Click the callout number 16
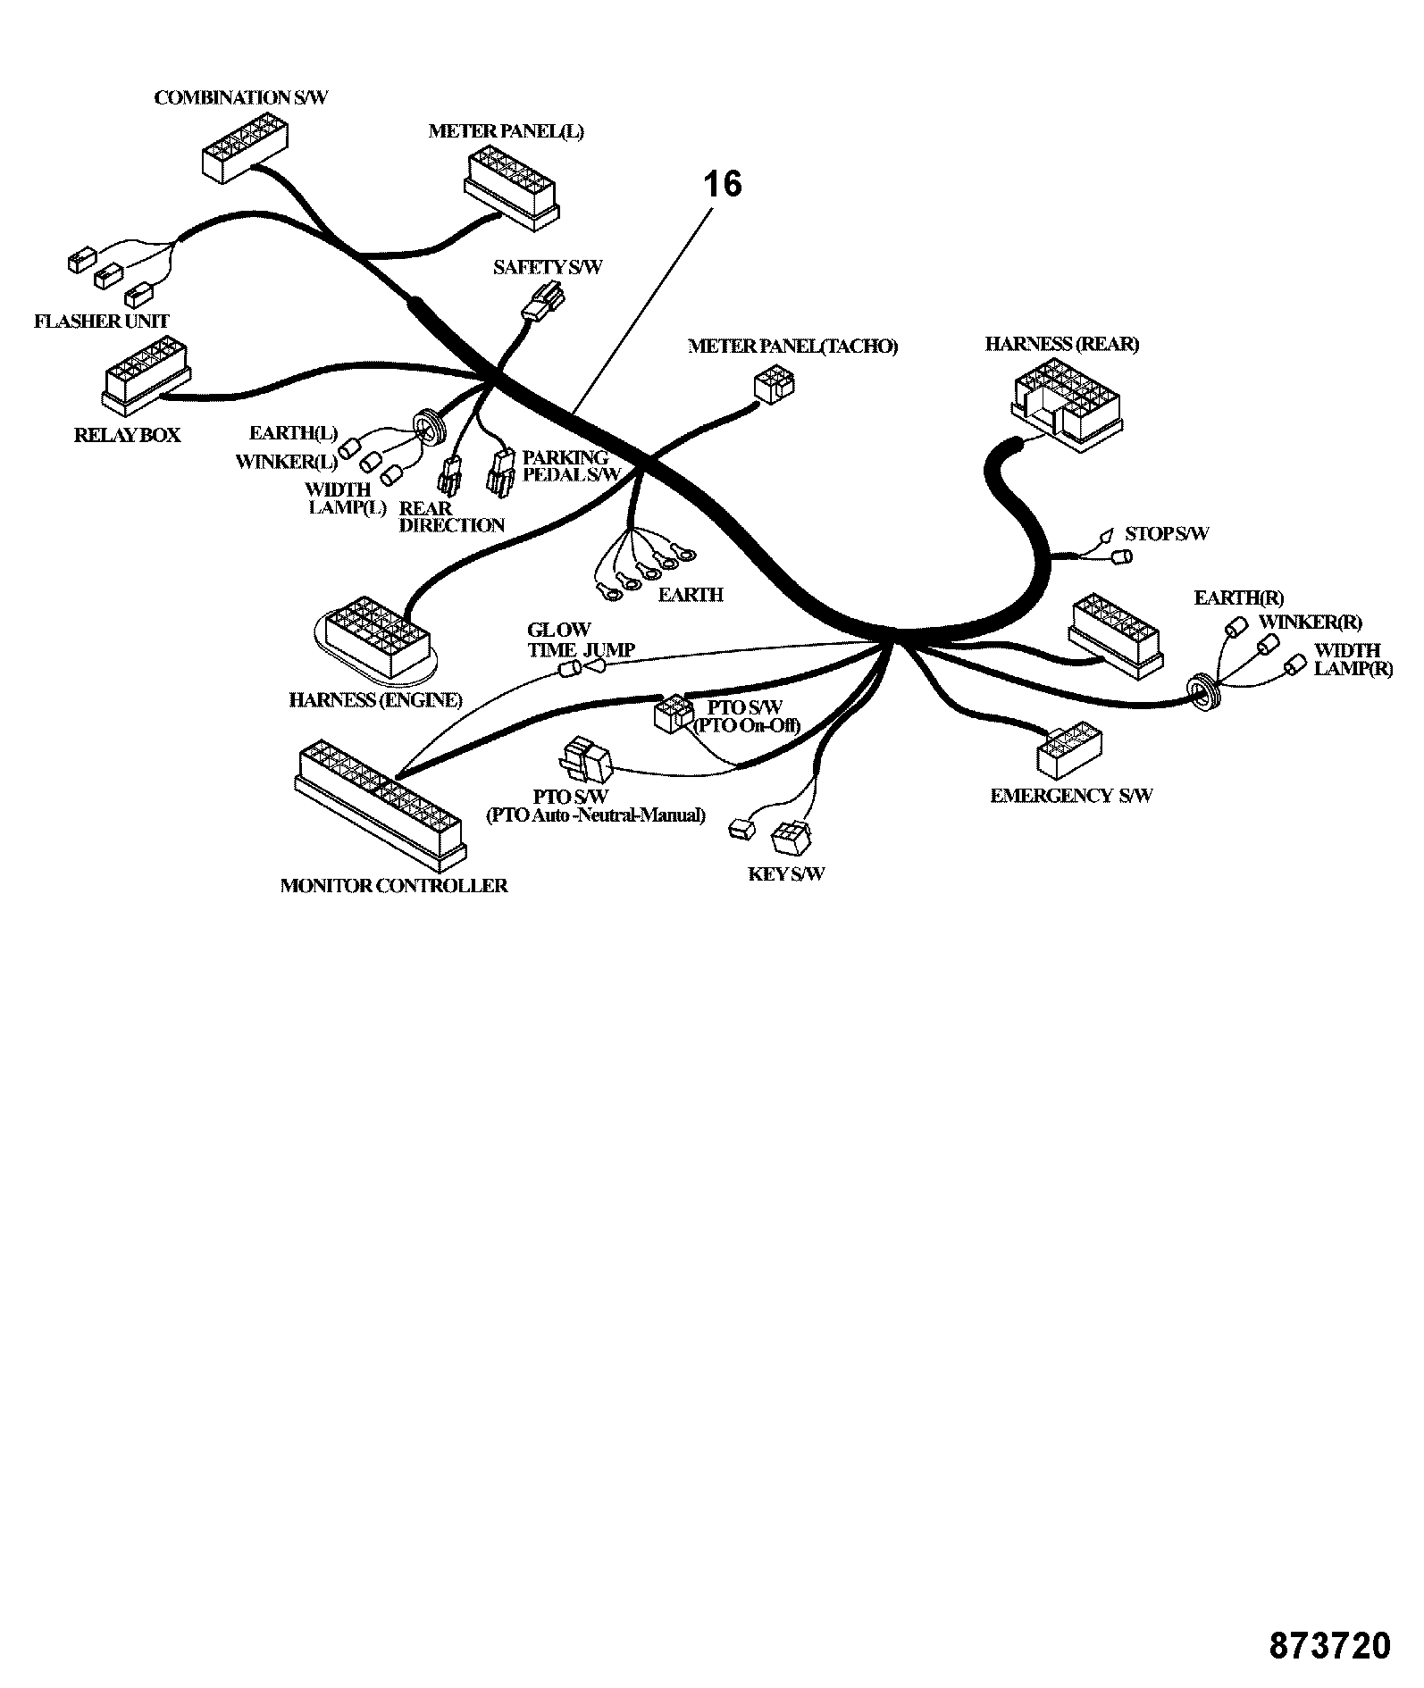click(x=723, y=184)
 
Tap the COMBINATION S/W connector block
click(x=244, y=148)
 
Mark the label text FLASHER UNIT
click(x=102, y=322)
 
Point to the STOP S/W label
click(x=1167, y=534)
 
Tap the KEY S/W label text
click(x=786, y=873)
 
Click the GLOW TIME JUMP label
click(x=582, y=640)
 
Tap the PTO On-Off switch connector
click(x=674, y=714)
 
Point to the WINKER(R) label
click(x=1311, y=623)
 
